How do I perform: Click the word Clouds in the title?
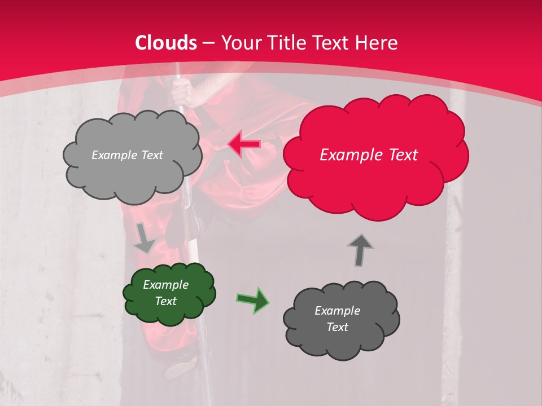click(166, 43)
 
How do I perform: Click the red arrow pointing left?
click(244, 144)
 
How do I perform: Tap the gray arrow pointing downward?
click(145, 238)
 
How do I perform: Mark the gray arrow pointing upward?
click(360, 250)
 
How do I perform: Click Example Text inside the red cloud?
click(369, 155)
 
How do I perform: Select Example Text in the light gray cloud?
click(127, 155)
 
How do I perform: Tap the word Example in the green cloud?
click(165, 285)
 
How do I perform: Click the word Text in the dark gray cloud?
click(337, 327)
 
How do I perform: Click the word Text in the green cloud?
click(165, 301)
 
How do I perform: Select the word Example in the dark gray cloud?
click(337, 311)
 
